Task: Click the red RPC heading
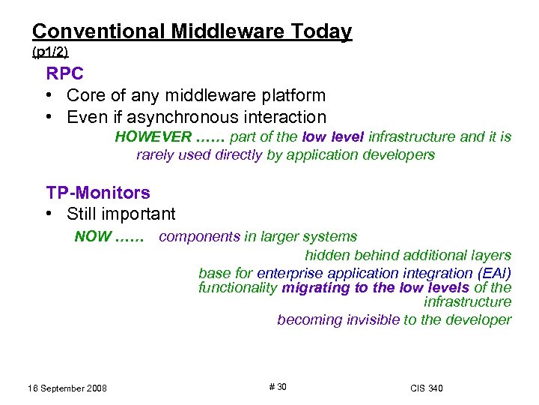tap(65, 74)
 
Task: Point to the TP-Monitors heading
tap(98, 193)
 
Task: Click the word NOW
tap(92, 237)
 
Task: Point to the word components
tap(194, 237)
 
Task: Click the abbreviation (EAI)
tap(494, 273)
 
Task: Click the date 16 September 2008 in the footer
tap(60, 388)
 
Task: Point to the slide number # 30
tap(277, 387)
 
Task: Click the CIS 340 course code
tap(426, 388)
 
